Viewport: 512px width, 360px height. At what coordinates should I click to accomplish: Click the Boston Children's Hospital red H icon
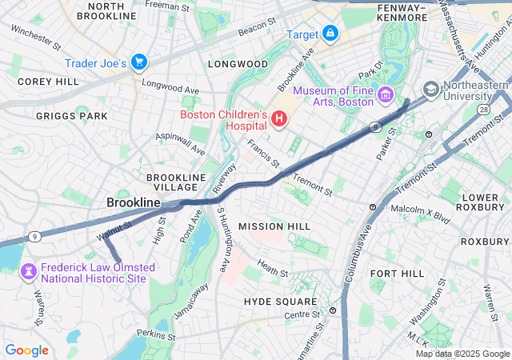pyautogui.click(x=279, y=120)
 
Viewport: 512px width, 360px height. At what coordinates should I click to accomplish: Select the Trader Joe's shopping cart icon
pyautogui.click(x=139, y=62)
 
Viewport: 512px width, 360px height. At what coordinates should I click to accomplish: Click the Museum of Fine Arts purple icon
pyautogui.click(x=386, y=96)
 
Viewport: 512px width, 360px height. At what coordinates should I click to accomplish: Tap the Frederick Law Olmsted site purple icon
pyautogui.click(x=29, y=273)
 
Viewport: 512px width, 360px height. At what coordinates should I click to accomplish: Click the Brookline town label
pyautogui.click(x=134, y=203)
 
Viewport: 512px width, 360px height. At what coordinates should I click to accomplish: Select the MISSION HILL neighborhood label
pyautogui.click(x=274, y=227)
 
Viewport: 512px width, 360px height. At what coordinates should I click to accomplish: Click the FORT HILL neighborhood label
pyautogui.click(x=397, y=274)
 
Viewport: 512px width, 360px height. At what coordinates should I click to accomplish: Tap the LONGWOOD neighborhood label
pyautogui.click(x=238, y=63)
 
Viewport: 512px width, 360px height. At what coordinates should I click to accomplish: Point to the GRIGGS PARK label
pyautogui.click(x=71, y=116)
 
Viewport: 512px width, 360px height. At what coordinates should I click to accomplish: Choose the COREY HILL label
pyautogui.click(x=47, y=82)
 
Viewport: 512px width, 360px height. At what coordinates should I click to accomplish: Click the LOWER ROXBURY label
pyautogui.click(x=481, y=203)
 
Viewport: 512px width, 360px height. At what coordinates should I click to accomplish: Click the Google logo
pyautogui.click(x=26, y=350)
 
